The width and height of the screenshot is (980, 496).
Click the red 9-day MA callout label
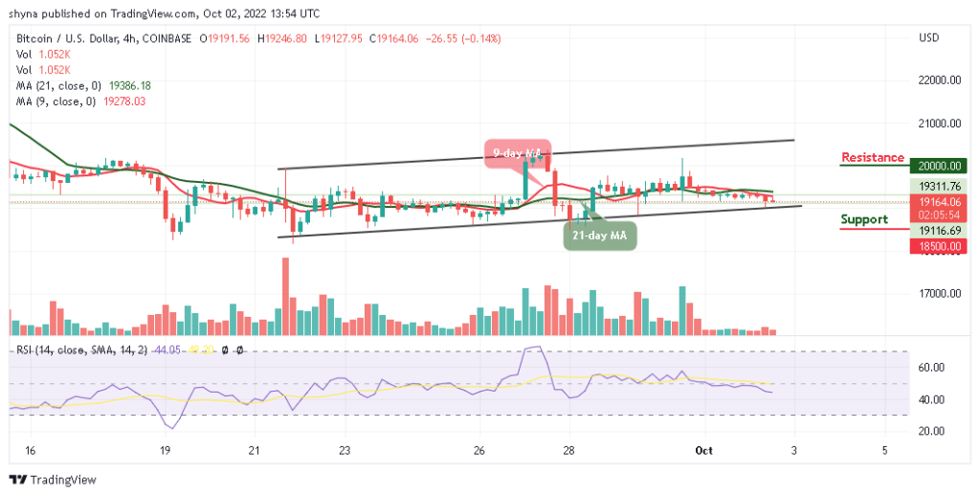pos(517,153)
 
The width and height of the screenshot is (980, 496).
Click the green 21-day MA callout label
pos(600,236)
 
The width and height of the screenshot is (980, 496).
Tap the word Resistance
pos(872,158)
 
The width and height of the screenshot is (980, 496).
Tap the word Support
pos(863,219)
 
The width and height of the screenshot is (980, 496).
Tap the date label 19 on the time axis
pos(165,449)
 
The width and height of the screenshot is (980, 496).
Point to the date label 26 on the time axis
pos(479,449)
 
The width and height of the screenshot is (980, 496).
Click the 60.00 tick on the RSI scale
pos(932,368)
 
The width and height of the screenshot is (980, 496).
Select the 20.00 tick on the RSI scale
pos(932,431)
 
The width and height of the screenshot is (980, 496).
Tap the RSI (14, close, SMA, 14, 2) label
pos(81,350)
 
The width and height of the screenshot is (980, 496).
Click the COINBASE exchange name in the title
pos(166,38)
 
